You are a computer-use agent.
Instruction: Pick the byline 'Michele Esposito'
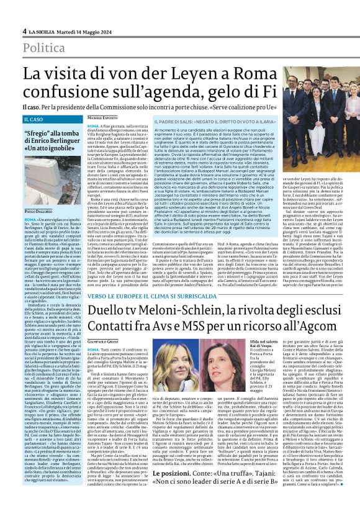coord(102,117)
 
